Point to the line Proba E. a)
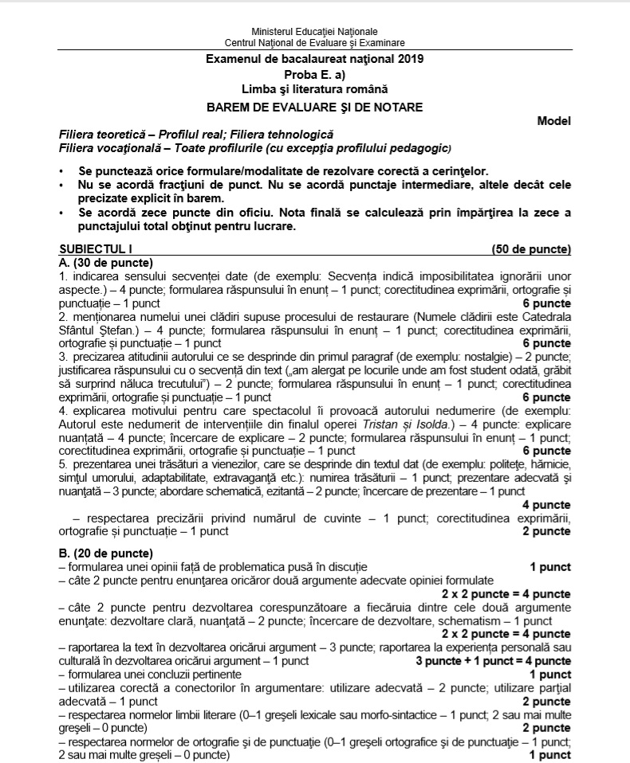coord(314,73)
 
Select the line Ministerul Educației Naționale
coord(314,31)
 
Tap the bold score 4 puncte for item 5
coord(546,505)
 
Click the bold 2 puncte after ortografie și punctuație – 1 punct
coord(546,531)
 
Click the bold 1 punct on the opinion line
coord(550,566)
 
